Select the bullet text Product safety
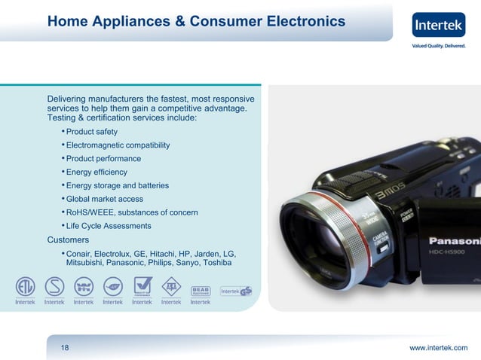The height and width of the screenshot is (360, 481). click(91, 132)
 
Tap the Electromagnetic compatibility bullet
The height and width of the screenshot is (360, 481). click(118, 145)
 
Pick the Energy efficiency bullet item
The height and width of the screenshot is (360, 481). click(98, 172)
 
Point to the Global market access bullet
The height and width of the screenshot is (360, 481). click(104, 200)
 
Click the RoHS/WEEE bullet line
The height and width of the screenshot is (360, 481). click(132, 213)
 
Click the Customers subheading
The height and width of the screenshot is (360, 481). click(68, 240)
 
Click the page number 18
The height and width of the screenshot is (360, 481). click(65, 347)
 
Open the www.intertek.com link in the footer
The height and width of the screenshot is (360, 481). click(438, 347)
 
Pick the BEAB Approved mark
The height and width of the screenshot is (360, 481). click(200, 288)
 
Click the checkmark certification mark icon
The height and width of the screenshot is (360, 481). click(142, 286)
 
